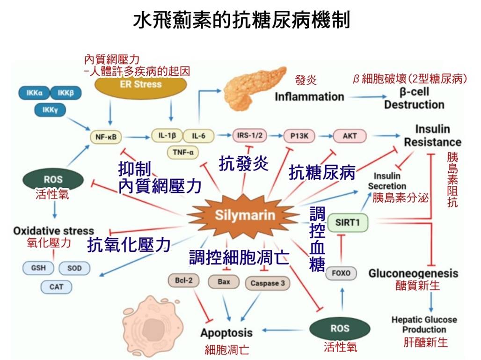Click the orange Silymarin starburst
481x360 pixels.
(244, 215)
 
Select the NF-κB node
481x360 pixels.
(106, 137)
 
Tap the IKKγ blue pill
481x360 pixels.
(50, 110)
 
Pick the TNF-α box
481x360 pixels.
(183, 152)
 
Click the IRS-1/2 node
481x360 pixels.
(250, 136)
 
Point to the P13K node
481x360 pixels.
(299, 136)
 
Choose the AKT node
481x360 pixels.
(350, 136)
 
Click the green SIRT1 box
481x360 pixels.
(348, 222)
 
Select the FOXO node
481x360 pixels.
(341, 273)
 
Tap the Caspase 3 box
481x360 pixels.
(268, 283)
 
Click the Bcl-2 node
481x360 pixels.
(183, 280)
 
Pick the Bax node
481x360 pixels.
(224, 281)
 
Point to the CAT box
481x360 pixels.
(56, 287)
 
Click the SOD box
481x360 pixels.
(74, 268)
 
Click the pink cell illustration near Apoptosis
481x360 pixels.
(153, 326)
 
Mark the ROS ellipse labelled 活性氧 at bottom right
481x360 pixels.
(340, 329)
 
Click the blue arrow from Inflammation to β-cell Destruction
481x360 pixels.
(368, 97)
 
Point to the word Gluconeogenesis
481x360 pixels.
(413, 273)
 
